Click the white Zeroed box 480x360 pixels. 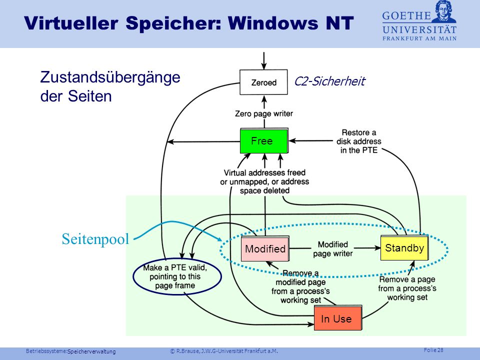click(x=263, y=82)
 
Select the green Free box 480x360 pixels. click(x=264, y=141)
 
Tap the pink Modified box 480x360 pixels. click(x=265, y=248)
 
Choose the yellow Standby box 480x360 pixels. click(x=404, y=248)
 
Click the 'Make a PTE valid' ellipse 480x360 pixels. click(x=177, y=277)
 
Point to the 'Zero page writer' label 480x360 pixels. click(x=264, y=113)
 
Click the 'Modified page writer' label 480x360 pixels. click(x=333, y=249)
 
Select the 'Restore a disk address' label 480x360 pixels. click(x=359, y=141)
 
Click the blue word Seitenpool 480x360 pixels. click(x=95, y=239)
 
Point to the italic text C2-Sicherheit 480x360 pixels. click(x=329, y=81)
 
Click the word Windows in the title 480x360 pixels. click(x=273, y=23)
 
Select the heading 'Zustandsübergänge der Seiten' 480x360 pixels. click(x=110, y=86)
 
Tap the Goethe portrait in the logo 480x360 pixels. click(x=444, y=11)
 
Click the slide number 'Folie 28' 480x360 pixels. click(x=433, y=350)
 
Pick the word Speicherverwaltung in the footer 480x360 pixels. click(x=91, y=351)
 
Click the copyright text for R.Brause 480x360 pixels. click(x=224, y=351)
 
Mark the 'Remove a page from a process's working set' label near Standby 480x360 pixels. click(x=407, y=288)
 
